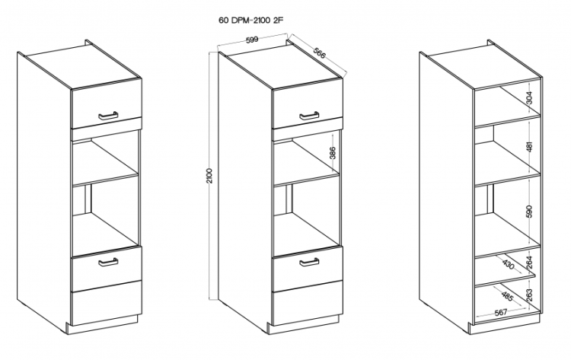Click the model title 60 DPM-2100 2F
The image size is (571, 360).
pos(251,21)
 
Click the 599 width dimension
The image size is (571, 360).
pos(252,40)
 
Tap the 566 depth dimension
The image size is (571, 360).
pos(319,53)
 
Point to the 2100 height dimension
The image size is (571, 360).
pos(209,176)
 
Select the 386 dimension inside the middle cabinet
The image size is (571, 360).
pos(333,153)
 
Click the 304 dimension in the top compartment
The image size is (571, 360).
pos(529,97)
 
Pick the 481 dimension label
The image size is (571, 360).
pos(529,147)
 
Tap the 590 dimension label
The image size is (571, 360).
pos(529,212)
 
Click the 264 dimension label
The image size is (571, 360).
pos(529,263)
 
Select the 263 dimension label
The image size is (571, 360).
pos(529,295)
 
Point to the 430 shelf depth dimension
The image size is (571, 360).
pos(508,265)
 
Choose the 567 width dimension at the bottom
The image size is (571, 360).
pos(501,312)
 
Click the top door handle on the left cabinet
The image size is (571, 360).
pos(108,116)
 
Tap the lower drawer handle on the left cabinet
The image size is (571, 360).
pos(108,262)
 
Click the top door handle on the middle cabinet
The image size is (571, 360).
pos(309,116)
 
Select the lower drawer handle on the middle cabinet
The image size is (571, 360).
pos(309,262)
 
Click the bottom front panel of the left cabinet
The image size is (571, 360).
pos(106,302)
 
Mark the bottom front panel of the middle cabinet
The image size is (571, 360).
pos(308,302)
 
